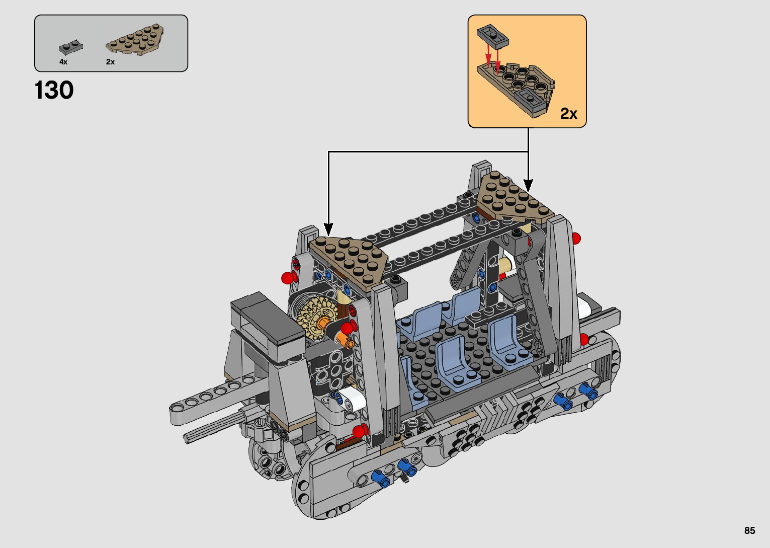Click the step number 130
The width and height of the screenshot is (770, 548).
coord(54,90)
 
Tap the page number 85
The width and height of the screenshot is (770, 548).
coord(750,530)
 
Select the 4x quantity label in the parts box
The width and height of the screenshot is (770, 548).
coord(63,62)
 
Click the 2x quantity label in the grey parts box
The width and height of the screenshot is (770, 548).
coord(110,62)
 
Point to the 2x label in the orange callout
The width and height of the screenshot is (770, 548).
coord(568,113)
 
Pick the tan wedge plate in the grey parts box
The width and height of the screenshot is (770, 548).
coord(135,40)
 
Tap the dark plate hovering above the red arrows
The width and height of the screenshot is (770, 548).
coord(492,35)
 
